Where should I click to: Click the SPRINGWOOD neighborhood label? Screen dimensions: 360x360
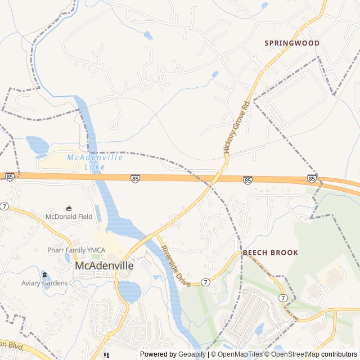pyautogui.click(x=292, y=43)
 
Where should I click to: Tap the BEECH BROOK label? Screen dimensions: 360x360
pyautogui.click(x=271, y=253)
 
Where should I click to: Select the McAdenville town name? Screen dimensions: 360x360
pyautogui.click(x=103, y=265)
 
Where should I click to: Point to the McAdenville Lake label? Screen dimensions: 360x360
pyautogui.click(x=94, y=162)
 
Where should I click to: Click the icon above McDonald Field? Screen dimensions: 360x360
pyautogui.click(x=69, y=208)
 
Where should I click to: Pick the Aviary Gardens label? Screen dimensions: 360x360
pyautogui.click(x=44, y=283)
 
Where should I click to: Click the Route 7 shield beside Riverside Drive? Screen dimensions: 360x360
pyautogui.click(x=206, y=282)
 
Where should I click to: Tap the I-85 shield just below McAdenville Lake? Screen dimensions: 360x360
pyautogui.click(x=135, y=178)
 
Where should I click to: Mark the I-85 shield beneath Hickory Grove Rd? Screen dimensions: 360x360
pyautogui.click(x=247, y=180)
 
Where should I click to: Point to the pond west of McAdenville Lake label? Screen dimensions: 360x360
pyautogui.click(x=37, y=146)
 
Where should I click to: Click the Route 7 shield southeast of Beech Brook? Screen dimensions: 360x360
pyautogui.click(x=282, y=298)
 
